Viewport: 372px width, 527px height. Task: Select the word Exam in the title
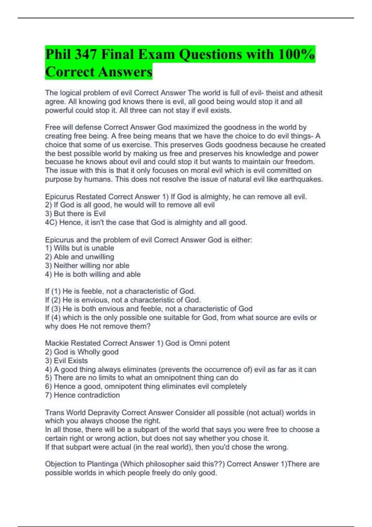[x=156, y=55]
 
